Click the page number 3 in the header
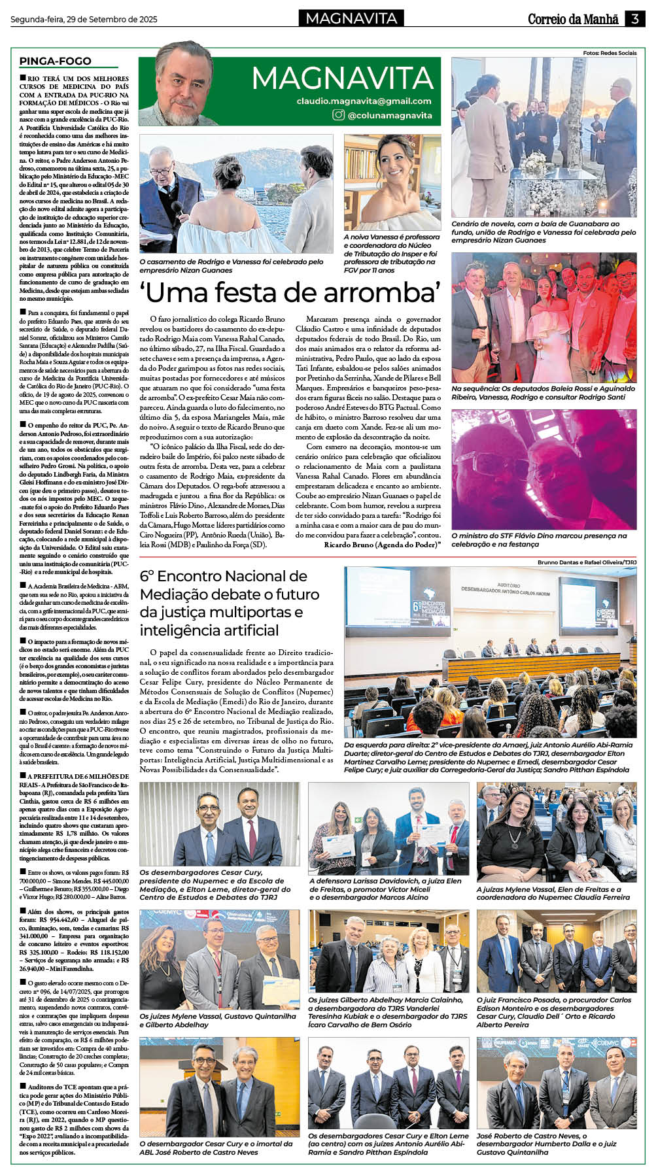[x=634, y=19]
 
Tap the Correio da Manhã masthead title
[x=573, y=19]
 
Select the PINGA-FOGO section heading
[x=55, y=61]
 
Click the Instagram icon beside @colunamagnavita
[x=338, y=115]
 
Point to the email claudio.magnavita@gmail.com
[x=364, y=101]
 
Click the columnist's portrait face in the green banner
[x=183, y=78]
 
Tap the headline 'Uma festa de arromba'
[x=290, y=292]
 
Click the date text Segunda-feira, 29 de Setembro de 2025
[x=84, y=20]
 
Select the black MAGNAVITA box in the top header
[x=351, y=18]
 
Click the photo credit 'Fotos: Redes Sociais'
[x=610, y=53]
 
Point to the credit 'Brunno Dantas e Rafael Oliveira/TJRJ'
[x=587, y=562]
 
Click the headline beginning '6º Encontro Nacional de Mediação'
[x=230, y=603]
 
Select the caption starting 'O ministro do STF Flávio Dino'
[x=538, y=539]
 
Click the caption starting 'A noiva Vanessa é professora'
[x=391, y=253]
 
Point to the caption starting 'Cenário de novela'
[x=543, y=231]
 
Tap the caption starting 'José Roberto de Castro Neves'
[x=546, y=1144]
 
